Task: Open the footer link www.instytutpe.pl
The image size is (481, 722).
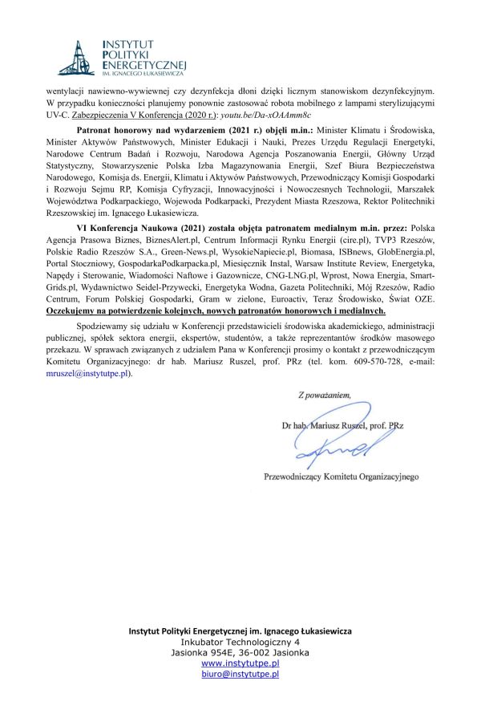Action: click(240, 664)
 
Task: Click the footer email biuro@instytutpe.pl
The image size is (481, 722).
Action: click(240, 675)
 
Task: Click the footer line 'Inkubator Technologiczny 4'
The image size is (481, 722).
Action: click(240, 643)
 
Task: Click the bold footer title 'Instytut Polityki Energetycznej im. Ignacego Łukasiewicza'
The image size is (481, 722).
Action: click(240, 631)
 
